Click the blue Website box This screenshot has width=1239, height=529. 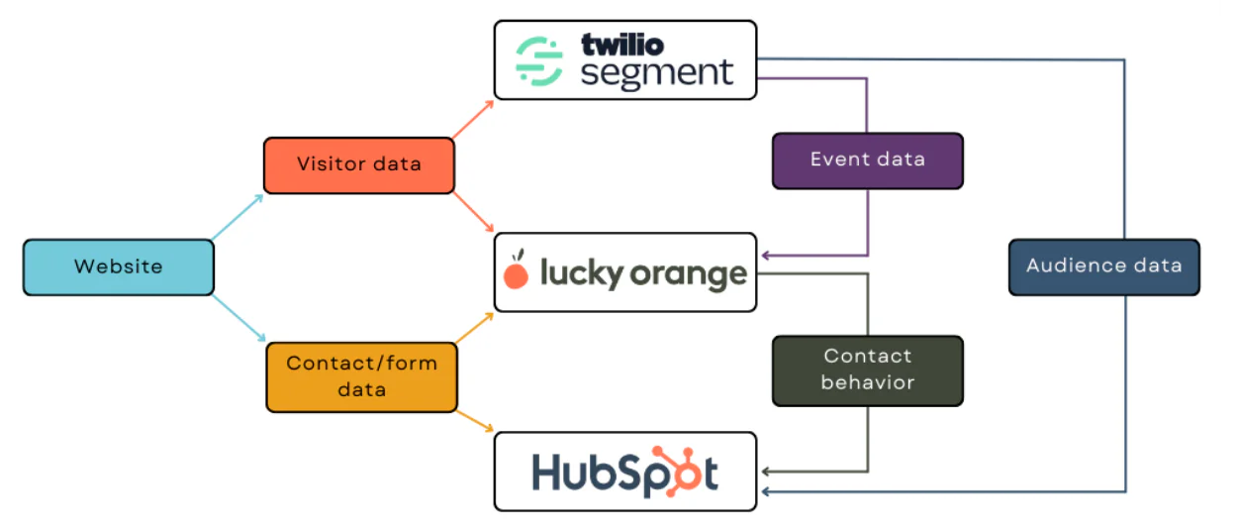(x=118, y=266)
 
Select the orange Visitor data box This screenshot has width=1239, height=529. (x=358, y=164)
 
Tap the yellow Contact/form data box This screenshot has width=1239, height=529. (x=361, y=376)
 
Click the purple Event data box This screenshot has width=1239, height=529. (x=867, y=160)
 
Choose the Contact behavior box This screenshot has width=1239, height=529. (x=867, y=370)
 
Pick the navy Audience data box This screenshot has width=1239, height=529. (x=1103, y=266)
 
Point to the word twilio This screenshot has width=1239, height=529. (x=621, y=45)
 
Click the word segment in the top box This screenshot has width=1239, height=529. (x=656, y=74)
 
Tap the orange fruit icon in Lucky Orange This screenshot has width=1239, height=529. (x=516, y=273)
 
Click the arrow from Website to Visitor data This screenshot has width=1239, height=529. (x=238, y=217)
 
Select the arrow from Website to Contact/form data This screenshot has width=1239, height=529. (x=239, y=318)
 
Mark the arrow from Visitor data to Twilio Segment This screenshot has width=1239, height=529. (x=473, y=119)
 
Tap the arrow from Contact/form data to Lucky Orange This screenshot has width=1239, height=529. (x=475, y=328)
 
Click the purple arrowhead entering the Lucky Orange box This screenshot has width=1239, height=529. (x=765, y=256)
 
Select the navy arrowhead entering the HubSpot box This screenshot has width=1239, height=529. (x=765, y=490)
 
